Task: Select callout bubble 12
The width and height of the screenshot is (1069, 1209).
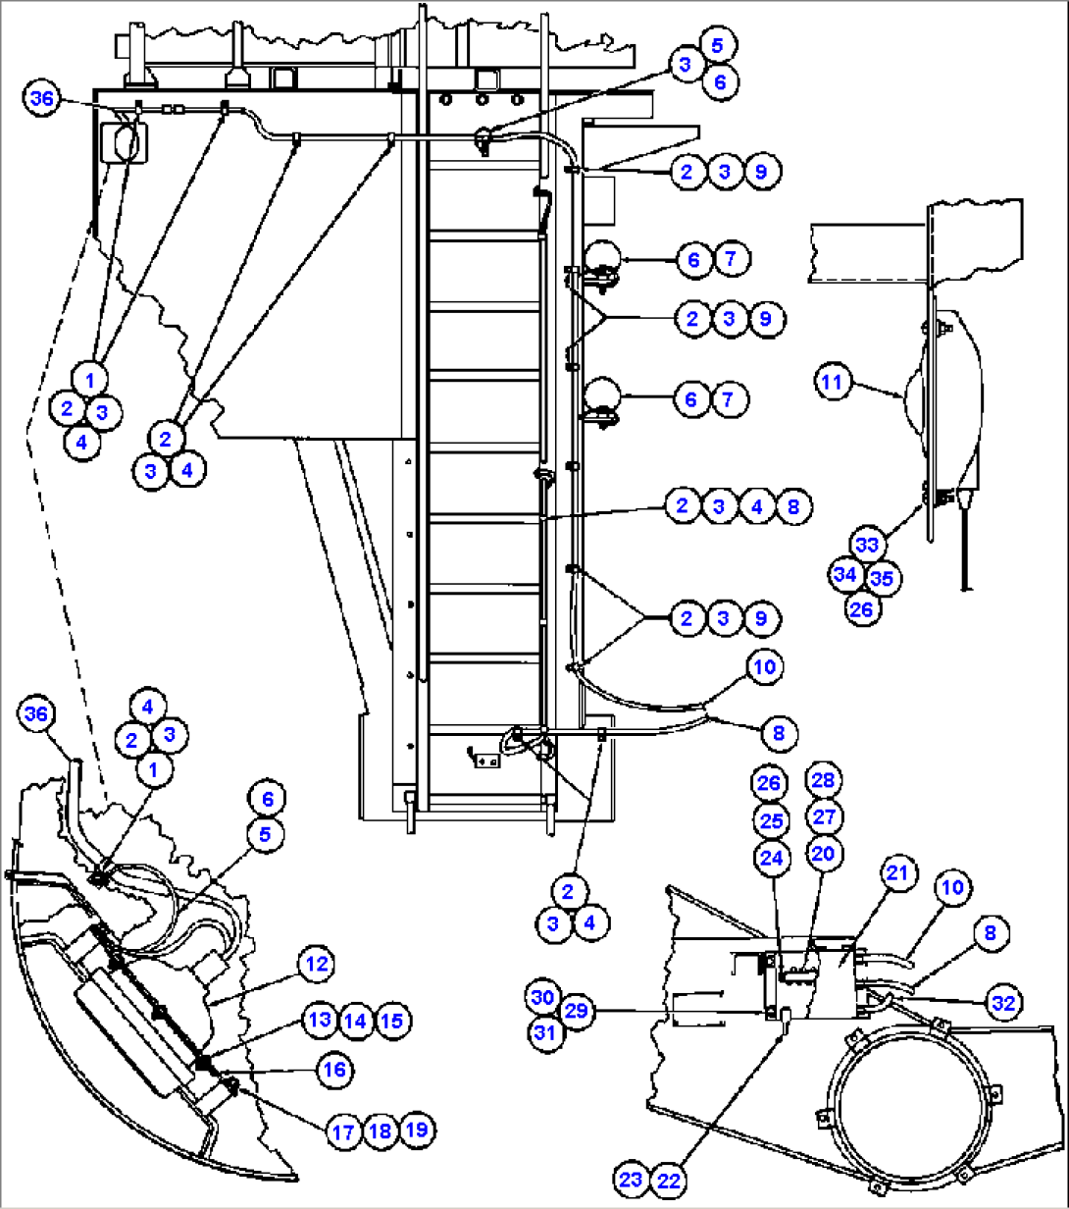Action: (316, 965)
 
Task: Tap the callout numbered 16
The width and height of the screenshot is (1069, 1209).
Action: (335, 1069)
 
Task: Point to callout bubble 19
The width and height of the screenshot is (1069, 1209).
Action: (417, 1130)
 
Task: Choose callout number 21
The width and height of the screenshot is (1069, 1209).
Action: (898, 873)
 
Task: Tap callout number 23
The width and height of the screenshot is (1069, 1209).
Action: (633, 1180)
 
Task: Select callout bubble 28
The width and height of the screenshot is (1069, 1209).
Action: (823, 780)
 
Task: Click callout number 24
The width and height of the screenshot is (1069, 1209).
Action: (770, 857)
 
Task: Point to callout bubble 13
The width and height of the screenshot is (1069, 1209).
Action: (319, 1021)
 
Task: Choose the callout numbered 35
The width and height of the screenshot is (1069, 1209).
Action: (882, 578)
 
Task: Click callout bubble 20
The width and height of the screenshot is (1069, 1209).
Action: (823, 855)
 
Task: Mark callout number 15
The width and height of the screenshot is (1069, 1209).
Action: (391, 1021)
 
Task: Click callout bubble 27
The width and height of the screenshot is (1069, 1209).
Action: (823, 817)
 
